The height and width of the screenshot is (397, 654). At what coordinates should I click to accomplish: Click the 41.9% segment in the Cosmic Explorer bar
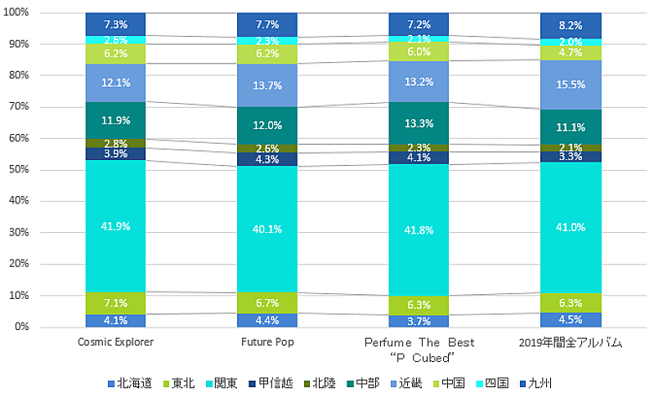115,226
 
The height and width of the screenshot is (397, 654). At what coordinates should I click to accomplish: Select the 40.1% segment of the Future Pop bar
267,229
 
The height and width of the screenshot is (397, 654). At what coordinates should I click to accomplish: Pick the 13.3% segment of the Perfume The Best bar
418,123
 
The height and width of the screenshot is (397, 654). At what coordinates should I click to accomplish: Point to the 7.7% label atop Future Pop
267,25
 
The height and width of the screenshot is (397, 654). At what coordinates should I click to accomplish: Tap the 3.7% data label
418,321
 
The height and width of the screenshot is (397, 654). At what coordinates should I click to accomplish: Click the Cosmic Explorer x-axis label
115,342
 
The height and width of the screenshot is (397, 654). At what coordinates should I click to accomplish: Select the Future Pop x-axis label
267,342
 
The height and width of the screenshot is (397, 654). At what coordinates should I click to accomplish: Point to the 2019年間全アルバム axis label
569,342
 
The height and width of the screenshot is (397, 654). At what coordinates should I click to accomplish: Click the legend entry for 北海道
130,382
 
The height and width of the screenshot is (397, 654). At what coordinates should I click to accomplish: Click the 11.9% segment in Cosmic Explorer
115,120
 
